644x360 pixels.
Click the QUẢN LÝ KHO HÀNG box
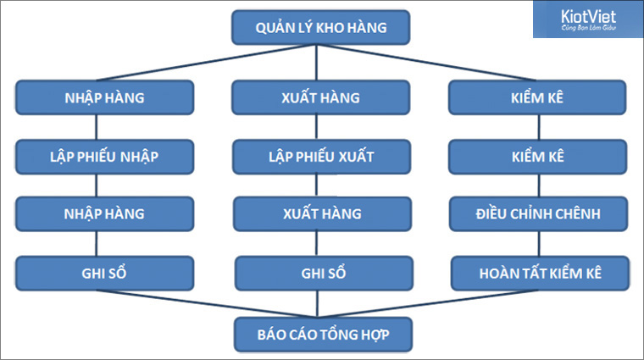pyautogui.click(x=321, y=28)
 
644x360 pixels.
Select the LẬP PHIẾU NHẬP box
pyautogui.click(x=103, y=157)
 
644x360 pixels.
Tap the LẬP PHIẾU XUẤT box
pyautogui.click(x=320, y=157)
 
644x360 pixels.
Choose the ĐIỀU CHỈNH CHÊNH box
pyautogui.click(x=539, y=213)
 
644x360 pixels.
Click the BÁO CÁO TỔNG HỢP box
pyautogui.click(x=321, y=334)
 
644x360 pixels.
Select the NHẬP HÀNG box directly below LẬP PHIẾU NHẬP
pyautogui.click(x=103, y=213)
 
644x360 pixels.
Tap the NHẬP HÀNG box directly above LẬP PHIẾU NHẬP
pyautogui.click(x=103, y=97)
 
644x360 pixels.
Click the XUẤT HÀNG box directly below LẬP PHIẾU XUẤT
pyautogui.click(x=320, y=213)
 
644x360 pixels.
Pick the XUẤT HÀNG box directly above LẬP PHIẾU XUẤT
pyautogui.click(x=320, y=97)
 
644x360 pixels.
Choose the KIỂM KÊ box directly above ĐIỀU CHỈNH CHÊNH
pyautogui.click(x=539, y=157)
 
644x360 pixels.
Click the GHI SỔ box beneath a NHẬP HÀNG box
pyautogui.click(x=103, y=274)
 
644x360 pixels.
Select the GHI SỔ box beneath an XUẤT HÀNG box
pyautogui.click(x=320, y=274)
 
